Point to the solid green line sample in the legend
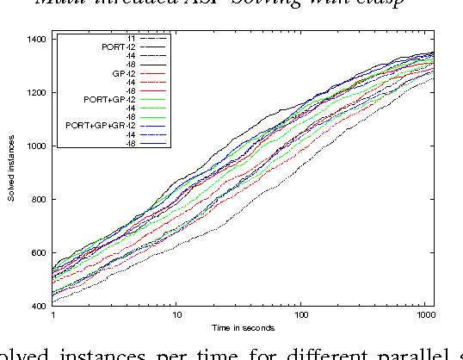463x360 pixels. (154, 117)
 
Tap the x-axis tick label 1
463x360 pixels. (53, 316)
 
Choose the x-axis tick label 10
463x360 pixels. (176, 316)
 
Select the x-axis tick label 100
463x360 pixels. (299, 316)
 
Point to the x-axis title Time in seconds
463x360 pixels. (244, 328)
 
